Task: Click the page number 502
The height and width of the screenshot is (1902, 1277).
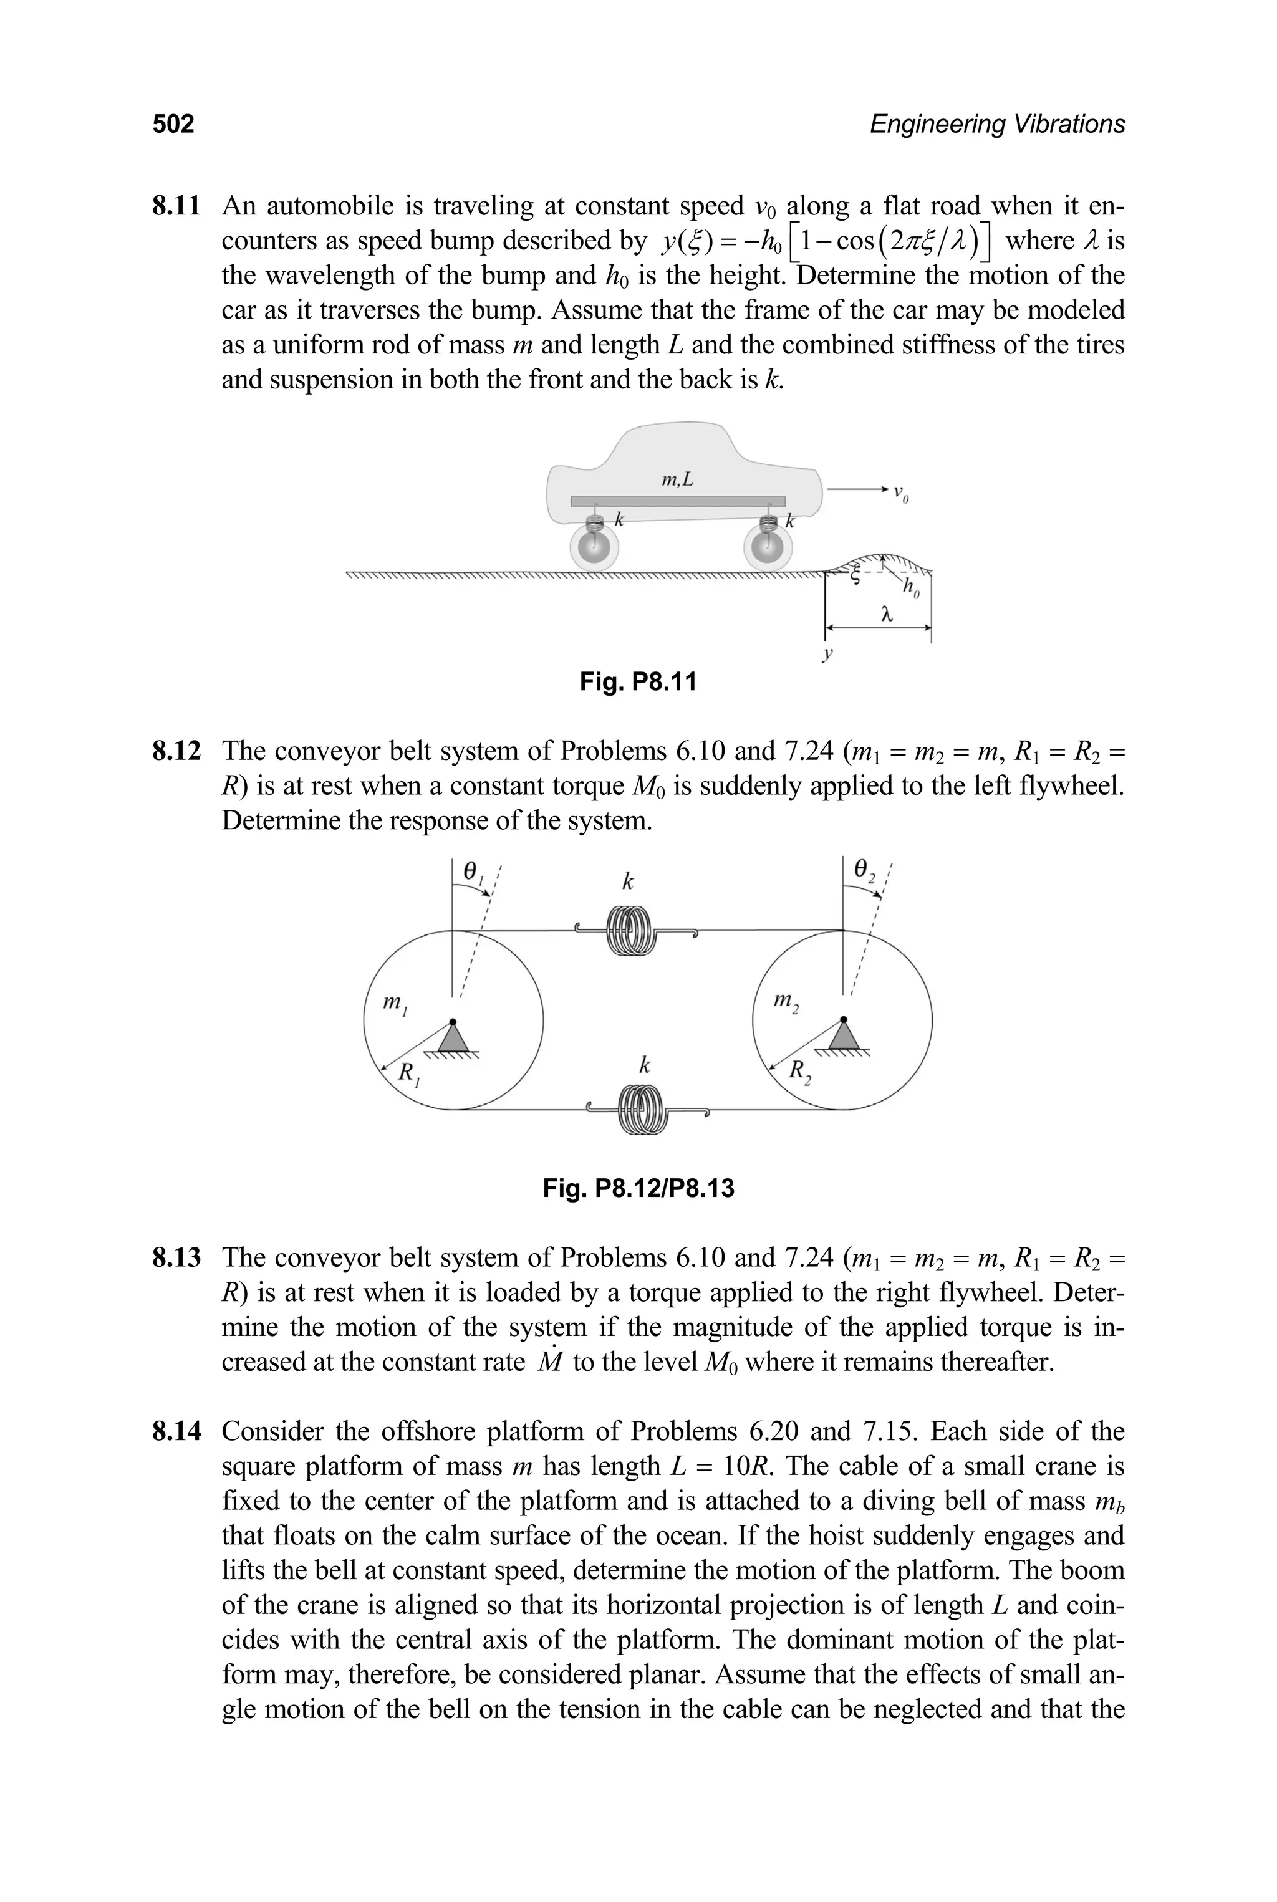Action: coord(173,124)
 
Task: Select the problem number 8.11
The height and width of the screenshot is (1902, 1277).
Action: coord(176,206)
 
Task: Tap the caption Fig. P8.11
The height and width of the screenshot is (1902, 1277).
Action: coord(638,681)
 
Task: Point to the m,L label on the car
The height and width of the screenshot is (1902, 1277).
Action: coord(678,481)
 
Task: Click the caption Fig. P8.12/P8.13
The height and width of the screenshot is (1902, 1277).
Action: coord(638,1189)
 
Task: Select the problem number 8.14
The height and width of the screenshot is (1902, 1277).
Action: coord(176,1431)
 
